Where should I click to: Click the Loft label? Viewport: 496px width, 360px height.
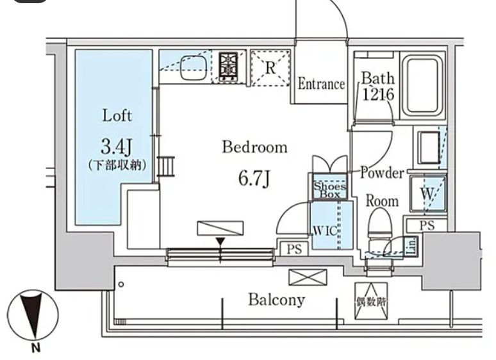[117, 116]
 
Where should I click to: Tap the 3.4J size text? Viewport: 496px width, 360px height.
[116, 147]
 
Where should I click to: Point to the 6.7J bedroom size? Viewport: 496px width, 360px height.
[254, 179]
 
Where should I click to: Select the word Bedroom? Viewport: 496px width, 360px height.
[254, 147]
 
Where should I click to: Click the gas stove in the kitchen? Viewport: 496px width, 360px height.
[229, 67]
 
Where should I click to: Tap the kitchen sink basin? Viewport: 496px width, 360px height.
[194, 67]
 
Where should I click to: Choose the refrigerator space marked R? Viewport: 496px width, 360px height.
[270, 68]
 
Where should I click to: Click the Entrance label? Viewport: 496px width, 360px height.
[321, 84]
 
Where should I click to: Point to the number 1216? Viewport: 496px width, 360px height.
[378, 94]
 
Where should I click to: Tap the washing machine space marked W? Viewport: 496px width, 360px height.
[428, 193]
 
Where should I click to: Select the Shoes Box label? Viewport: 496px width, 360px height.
[329, 190]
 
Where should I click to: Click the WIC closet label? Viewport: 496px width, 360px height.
[325, 231]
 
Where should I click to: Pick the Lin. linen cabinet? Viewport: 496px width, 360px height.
[411, 247]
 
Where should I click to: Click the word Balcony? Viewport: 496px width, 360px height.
[277, 300]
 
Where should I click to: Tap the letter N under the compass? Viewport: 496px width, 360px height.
[36, 348]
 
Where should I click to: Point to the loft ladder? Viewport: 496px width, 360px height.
[166, 167]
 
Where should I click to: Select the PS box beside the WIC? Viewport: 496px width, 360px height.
[294, 249]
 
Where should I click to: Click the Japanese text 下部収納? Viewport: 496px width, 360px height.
[117, 165]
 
